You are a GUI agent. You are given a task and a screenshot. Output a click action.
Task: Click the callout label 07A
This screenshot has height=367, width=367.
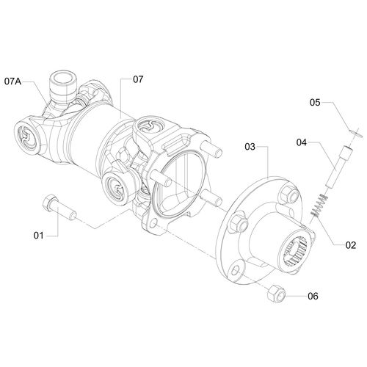coord(12,81)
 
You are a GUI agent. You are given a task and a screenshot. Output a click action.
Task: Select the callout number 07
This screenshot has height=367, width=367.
coord(138,79)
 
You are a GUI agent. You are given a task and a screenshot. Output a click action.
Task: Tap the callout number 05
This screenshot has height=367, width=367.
coord(315,102)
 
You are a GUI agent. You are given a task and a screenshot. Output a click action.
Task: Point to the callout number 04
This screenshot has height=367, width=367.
coord(302,142)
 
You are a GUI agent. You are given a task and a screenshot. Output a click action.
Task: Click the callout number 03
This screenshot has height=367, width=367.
coord(250,147)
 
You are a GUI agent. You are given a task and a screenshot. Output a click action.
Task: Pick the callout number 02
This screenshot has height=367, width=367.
coord(351,245)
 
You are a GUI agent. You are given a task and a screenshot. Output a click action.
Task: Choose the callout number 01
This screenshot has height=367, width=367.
coord(39,236)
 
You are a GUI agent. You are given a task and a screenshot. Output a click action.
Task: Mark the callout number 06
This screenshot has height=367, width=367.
coord(313,297)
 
